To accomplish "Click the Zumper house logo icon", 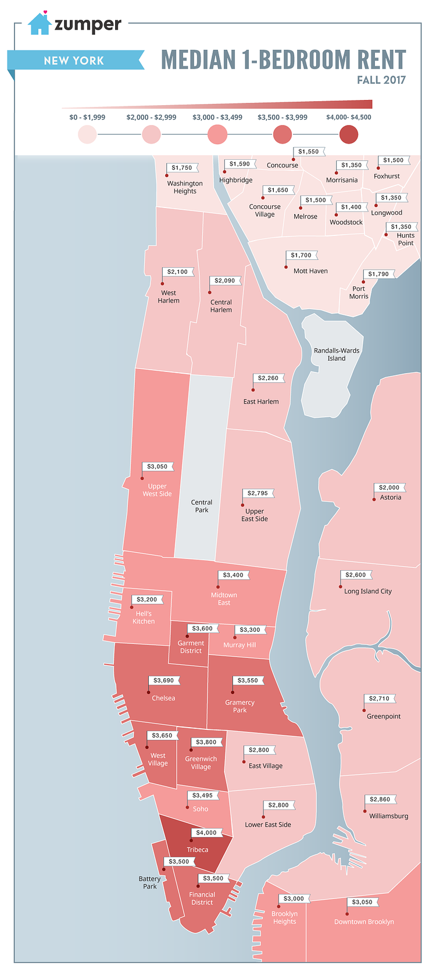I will pyautogui.click(x=40, y=24).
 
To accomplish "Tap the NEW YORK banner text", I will pyautogui.click(x=74, y=60).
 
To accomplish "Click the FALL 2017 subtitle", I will pyautogui.click(x=381, y=80).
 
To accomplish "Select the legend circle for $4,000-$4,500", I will pyautogui.click(x=349, y=134).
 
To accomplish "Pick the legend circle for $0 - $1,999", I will pyautogui.click(x=87, y=134).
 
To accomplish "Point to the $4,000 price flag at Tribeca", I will pyautogui.click(x=206, y=832).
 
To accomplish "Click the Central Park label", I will pyautogui.click(x=202, y=506).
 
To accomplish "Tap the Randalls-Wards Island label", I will pyautogui.click(x=337, y=355).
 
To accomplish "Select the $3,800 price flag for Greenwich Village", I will pyautogui.click(x=206, y=742).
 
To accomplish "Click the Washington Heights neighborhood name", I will pyautogui.click(x=185, y=187).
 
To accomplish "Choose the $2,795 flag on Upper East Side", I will pyautogui.click(x=258, y=493).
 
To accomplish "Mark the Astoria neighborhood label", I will pyautogui.click(x=391, y=498).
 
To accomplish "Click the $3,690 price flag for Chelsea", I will pyautogui.click(x=163, y=680).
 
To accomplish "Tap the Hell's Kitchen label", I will pyautogui.click(x=144, y=617).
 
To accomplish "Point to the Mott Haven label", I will pyautogui.click(x=310, y=271).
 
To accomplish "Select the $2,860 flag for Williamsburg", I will pyautogui.click(x=380, y=799).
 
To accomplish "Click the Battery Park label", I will pyautogui.click(x=150, y=882).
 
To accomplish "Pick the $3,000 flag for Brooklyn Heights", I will pyautogui.click(x=294, y=899).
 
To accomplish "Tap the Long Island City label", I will pyautogui.click(x=368, y=591).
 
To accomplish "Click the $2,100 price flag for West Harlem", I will pyautogui.click(x=177, y=271).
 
